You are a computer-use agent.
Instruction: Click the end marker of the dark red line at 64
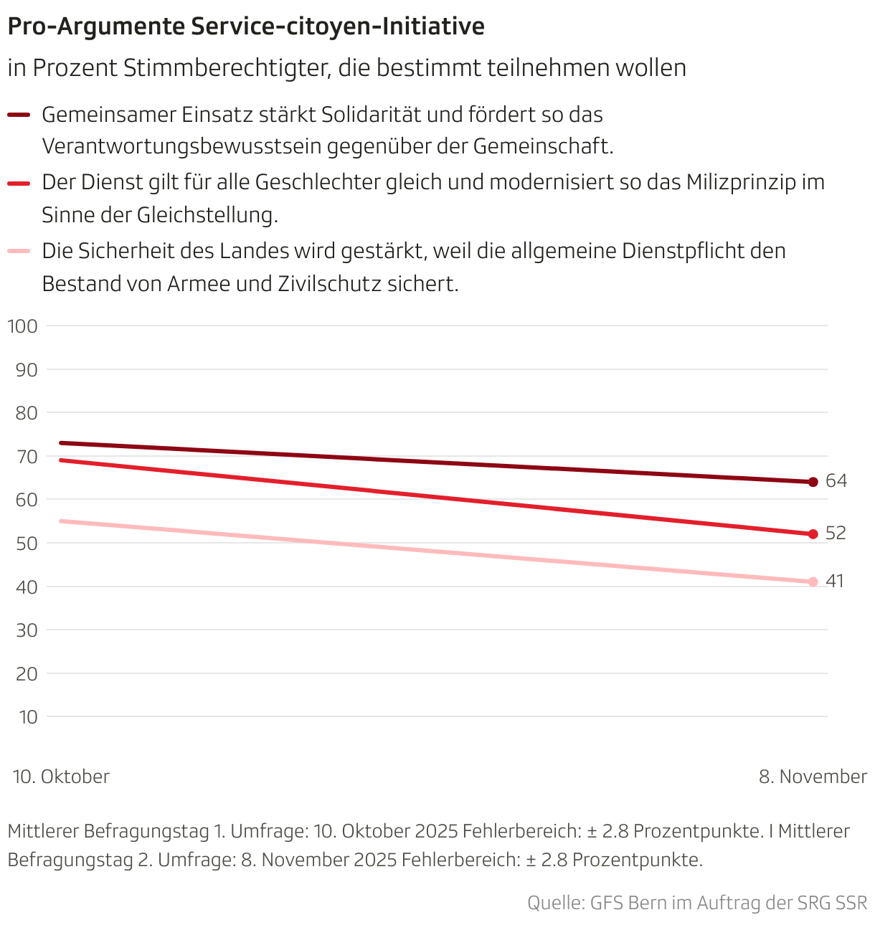click(x=813, y=482)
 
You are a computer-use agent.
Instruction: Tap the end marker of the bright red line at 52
click(x=813, y=534)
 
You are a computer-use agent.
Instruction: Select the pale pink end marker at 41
click(x=813, y=582)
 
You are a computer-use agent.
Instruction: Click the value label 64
click(x=836, y=481)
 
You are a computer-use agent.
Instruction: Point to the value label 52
click(x=836, y=533)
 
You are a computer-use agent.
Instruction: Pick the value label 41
click(x=835, y=581)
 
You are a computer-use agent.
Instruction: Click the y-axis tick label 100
click(x=22, y=326)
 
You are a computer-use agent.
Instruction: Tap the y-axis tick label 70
click(x=26, y=457)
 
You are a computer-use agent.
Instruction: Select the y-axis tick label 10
click(x=27, y=717)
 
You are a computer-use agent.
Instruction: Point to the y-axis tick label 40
click(x=26, y=587)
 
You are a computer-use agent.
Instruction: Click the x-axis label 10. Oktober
click(x=61, y=777)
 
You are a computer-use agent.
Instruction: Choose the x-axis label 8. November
click(x=813, y=777)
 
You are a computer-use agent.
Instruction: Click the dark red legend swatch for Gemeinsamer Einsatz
click(x=19, y=115)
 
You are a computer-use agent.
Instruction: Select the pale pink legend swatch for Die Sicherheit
click(x=19, y=251)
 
